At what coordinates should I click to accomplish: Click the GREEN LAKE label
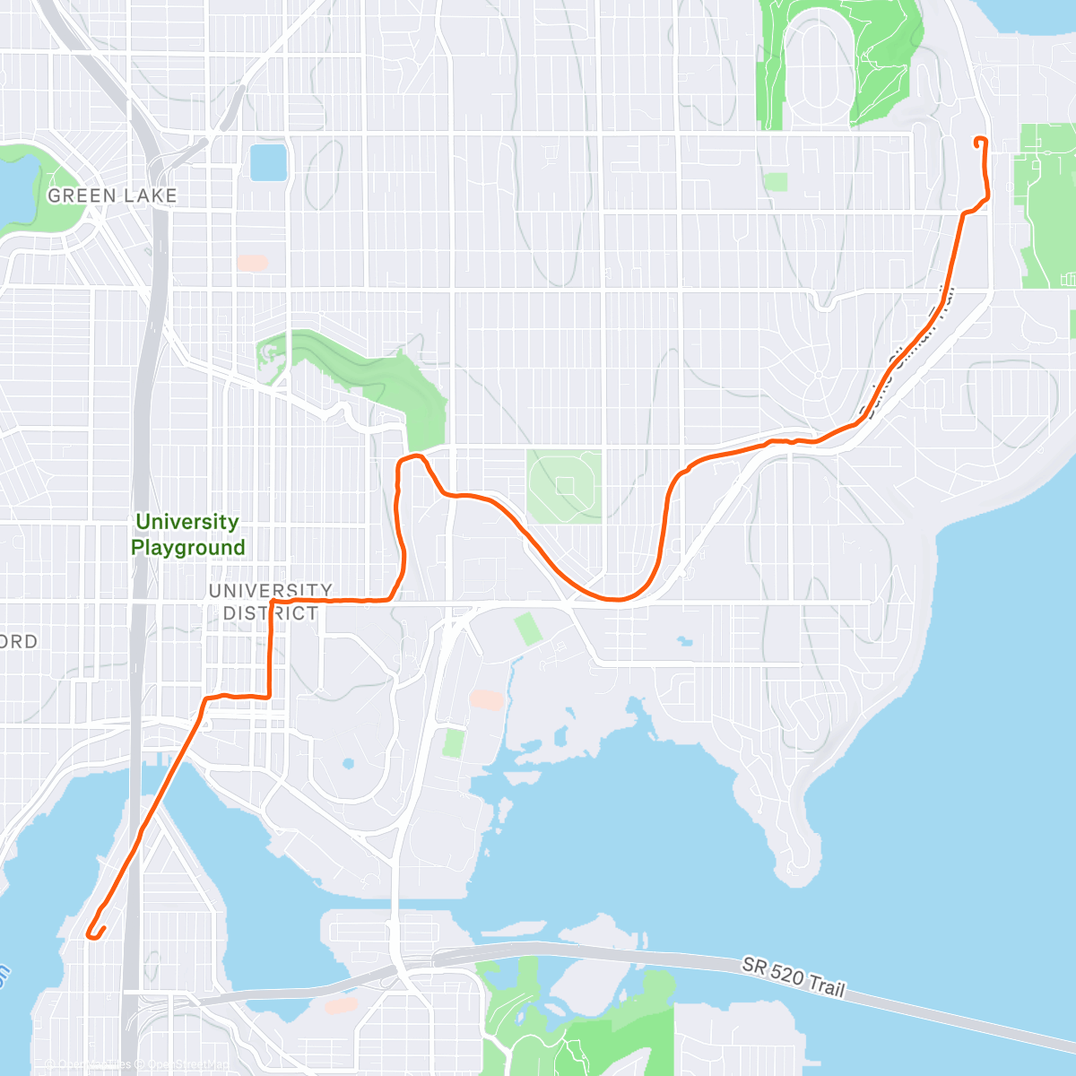pyautogui.click(x=112, y=195)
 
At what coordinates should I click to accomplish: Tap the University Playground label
pyautogui.click(x=187, y=534)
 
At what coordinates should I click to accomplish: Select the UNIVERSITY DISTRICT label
pyautogui.click(x=270, y=602)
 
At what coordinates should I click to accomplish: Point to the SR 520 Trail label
pyautogui.click(x=793, y=976)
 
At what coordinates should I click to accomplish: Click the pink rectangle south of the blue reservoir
pyautogui.click(x=253, y=264)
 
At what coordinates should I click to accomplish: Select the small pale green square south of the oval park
pyautogui.click(x=776, y=182)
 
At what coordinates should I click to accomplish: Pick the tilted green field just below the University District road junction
pyautogui.click(x=528, y=629)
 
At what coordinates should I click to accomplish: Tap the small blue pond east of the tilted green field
pyautogui.click(x=685, y=642)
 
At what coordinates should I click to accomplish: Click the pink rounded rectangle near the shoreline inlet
pyautogui.click(x=487, y=700)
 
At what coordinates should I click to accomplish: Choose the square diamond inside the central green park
pyautogui.click(x=565, y=485)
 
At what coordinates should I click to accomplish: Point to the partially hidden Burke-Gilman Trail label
pyautogui.click(x=906, y=354)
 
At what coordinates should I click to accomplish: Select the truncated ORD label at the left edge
pyautogui.click(x=18, y=642)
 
